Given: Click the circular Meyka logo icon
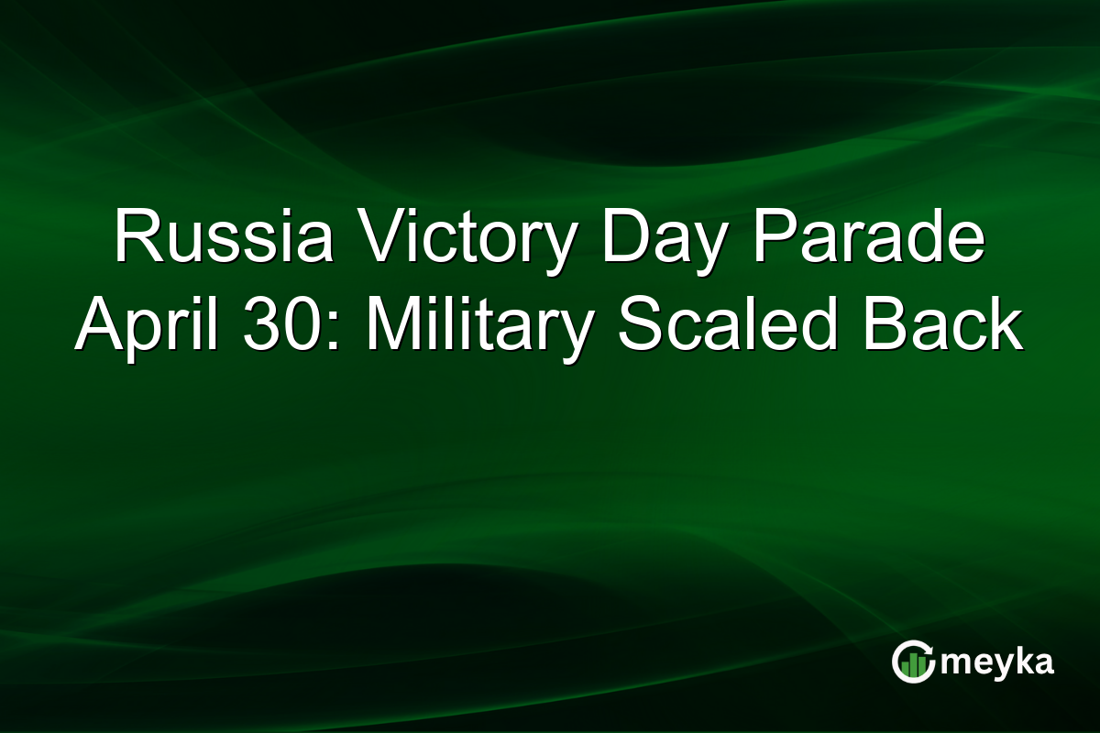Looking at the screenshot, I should tap(914, 662).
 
